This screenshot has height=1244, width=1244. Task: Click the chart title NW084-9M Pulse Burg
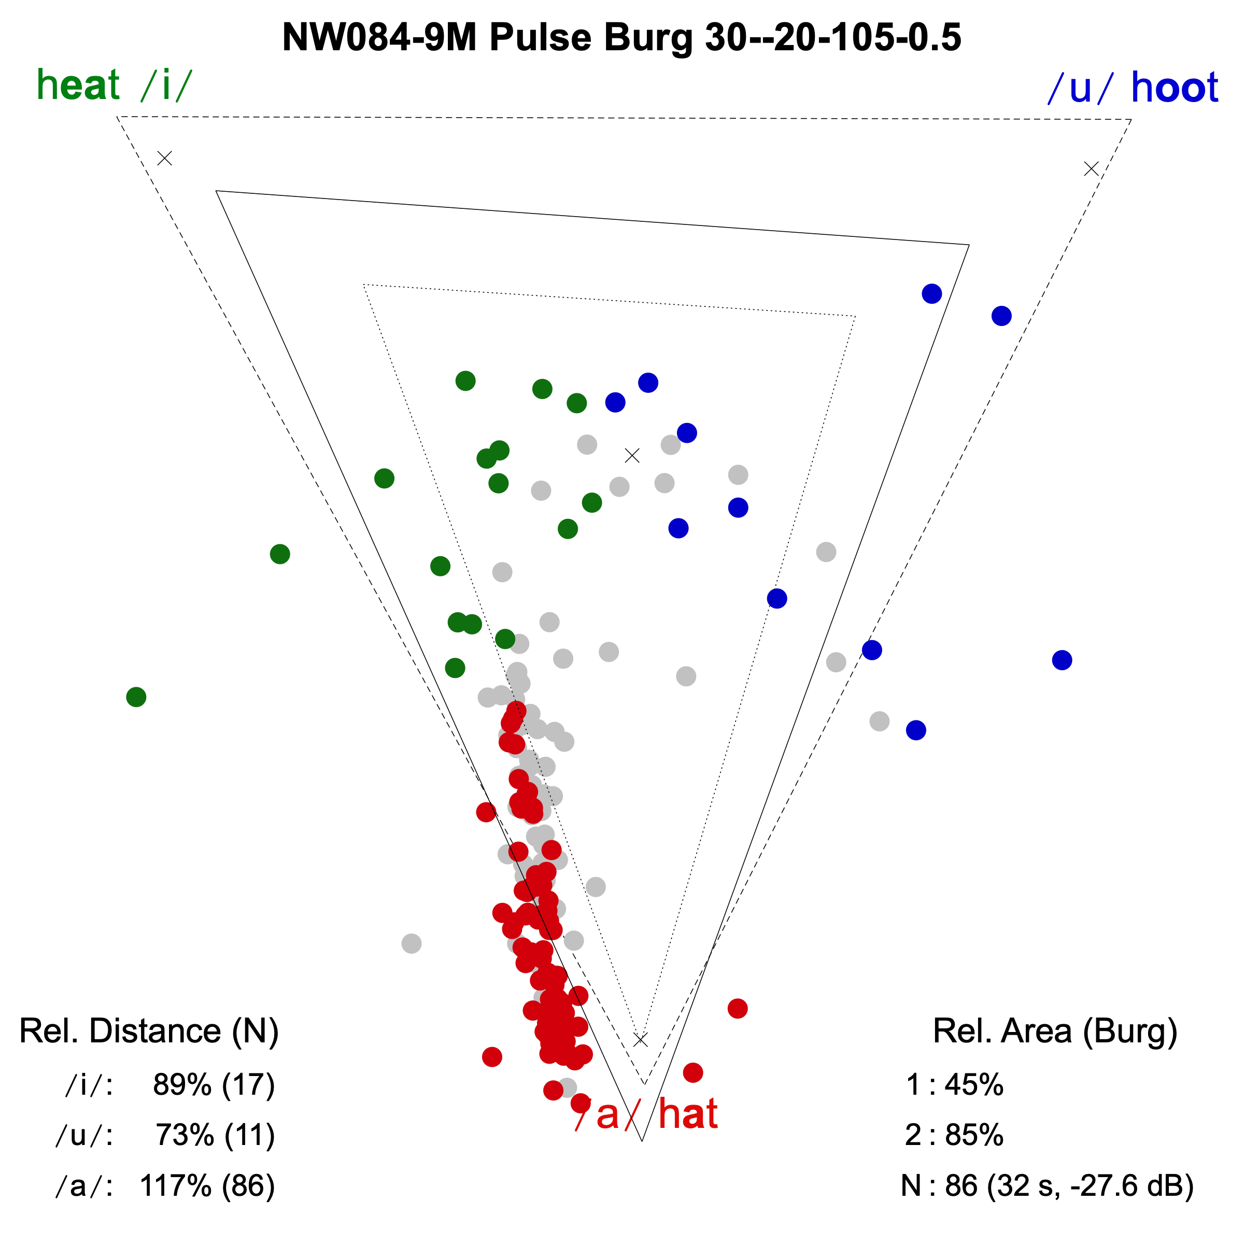pyautogui.click(x=621, y=37)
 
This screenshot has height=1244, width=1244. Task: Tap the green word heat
pyautogui.click(x=78, y=85)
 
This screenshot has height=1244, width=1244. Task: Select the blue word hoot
pyautogui.click(x=1175, y=88)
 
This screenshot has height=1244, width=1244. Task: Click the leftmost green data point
pyautogui.click(x=136, y=697)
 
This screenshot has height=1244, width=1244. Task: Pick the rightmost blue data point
pyautogui.click(x=1062, y=660)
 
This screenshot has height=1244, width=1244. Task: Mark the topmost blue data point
pyautogui.click(x=932, y=293)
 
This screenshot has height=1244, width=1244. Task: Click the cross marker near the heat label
pyautogui.click(x=165, y=158)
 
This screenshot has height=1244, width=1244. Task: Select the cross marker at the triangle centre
pyautogui.click(x=632, y=456)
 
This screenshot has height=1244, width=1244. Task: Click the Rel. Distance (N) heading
pyautogui.click(x=149, y=1031)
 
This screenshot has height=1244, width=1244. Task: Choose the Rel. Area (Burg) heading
pyautogui.click(x=1055, y=1031)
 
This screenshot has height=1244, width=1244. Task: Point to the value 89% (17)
pyautogui.click(x=214, y=1085)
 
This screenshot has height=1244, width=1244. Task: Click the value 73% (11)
pyautogui.click(x=215, y=1135)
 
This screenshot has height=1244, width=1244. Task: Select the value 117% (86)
pyautogui.click(x=207, y=1185)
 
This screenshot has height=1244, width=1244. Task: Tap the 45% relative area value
pyautogui.click(x=973, y=1085)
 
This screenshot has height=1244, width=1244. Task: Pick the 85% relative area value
pyautogui.click(x=973, y=1135)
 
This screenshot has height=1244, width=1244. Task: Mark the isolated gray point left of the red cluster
pyautogui.click(x=412, y=944)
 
